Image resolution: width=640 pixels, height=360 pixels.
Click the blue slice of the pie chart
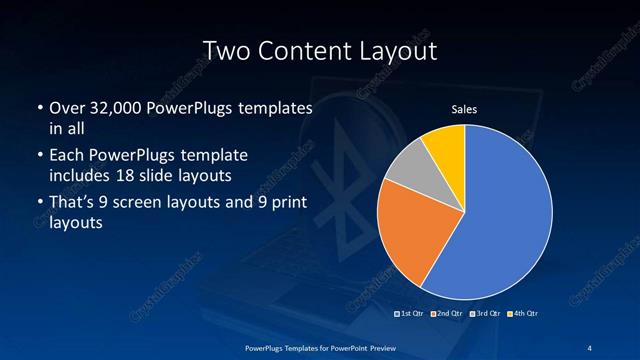pos(505,215)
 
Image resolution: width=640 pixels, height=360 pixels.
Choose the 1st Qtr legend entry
pos(410,313)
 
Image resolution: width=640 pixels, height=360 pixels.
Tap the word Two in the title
pos(224,50)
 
